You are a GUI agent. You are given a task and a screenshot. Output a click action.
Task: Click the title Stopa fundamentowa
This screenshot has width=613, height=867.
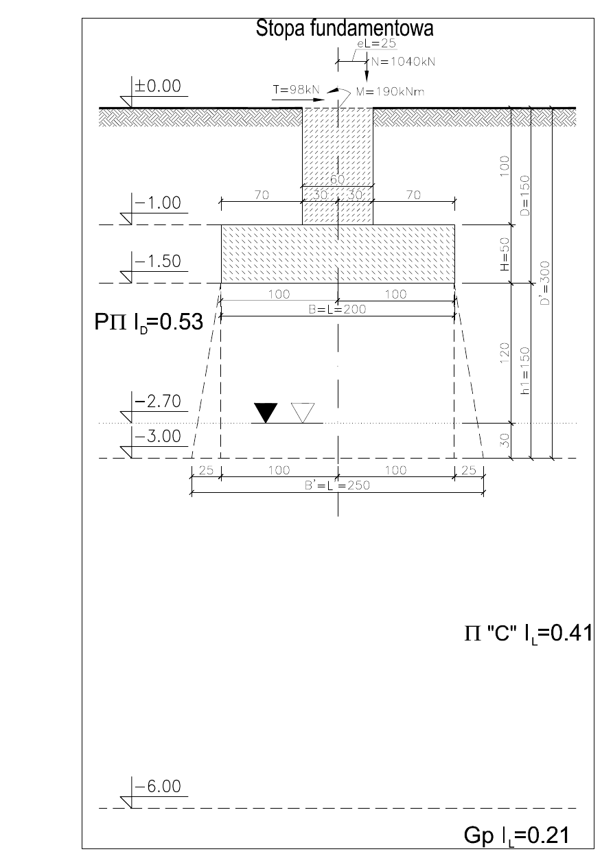pyautogui.click(x=345, y=28)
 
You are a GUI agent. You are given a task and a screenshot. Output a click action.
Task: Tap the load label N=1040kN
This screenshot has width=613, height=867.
pyautogui.click(x=403, y=62)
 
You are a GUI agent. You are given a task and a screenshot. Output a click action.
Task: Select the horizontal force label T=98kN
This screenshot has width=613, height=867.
pyautogui.click(x=297, y=90)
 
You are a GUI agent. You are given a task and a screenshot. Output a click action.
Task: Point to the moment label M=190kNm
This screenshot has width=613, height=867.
pyautogui.click(x=390, y=92)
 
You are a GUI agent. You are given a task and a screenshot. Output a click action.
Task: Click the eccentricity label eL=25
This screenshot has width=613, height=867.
pyautogui.click(x=377, y=43)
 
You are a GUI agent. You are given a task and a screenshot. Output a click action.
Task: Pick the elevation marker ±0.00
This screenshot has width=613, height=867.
pyautogui.click(x=157, y=86)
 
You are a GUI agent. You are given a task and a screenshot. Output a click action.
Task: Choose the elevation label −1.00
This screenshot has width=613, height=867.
pyautogui.click(x=157, y=203)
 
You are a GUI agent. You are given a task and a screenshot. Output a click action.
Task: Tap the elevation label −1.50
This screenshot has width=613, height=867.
pyautogui.click(x=157, y=262)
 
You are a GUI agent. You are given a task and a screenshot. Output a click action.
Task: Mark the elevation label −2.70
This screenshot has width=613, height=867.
pyautogui.click(x=157, y=402)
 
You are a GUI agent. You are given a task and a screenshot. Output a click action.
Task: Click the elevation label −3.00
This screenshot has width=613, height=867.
pyautogui.click(x=157, y=436)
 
